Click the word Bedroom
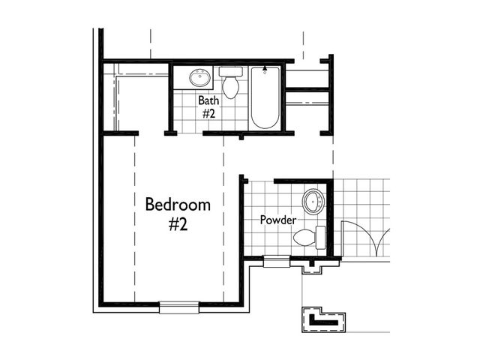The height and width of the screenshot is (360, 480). click(178, 205)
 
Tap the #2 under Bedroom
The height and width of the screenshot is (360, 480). click(178, 225)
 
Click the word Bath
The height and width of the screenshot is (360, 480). click(208, 100)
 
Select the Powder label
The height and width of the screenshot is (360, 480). click(278, 220)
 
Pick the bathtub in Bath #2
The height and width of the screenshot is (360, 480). click(265, 97)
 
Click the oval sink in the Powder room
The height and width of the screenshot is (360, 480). click(313, 201)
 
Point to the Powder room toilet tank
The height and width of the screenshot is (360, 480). click(320, 238)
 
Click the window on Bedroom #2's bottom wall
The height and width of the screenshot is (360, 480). click(179, 307)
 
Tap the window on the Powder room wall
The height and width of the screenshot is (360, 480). click(277, 262)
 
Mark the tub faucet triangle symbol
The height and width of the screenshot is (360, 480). click(265, 68)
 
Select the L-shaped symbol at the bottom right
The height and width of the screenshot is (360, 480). click(323, 319)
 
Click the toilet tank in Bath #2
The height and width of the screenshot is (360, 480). click(231, 72)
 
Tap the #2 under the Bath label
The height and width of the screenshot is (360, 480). click(208, 113)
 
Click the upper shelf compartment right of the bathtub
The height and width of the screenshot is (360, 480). click(307, 79)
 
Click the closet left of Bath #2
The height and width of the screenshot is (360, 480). click(136, 98)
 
